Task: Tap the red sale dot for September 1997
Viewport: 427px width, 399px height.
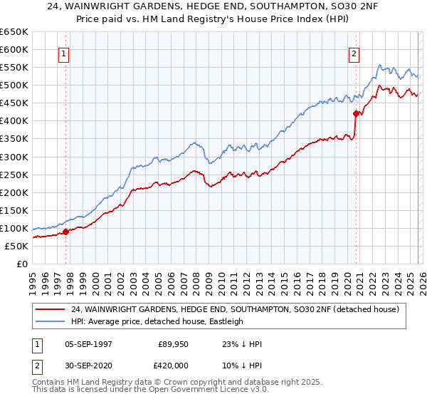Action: pyautogui.click(x=65, y=231)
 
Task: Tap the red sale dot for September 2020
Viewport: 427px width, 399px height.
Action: pyautogui.click(x=356, y=113)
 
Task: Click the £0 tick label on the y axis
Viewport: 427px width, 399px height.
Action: pyautogui.click(x=21, y=264)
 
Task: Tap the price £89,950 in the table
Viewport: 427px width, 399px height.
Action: pyautogui.click(x=174, y=344)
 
